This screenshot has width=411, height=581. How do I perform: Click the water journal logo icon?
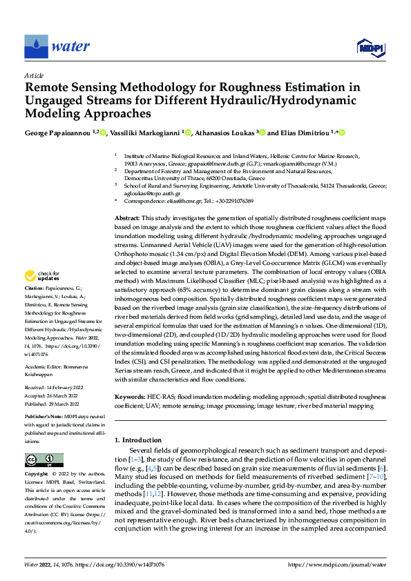36,47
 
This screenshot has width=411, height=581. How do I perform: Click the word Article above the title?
33,75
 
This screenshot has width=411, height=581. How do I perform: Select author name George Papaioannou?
58,132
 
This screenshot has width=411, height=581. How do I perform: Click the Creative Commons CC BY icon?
44,460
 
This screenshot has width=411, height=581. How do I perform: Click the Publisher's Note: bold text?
44,419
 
